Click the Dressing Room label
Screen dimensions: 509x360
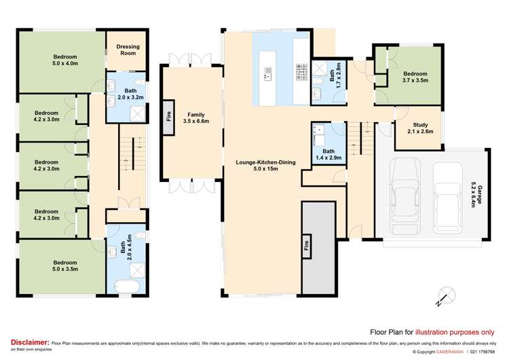click(x=128, y=50)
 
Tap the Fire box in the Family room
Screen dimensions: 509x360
click(x=168, y=117)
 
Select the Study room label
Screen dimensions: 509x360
click(x=420, y=128)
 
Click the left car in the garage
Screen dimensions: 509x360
click(x=404, y=196)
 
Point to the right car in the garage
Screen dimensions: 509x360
click(x=447, y=198)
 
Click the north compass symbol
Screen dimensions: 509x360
click(x=446, y=296)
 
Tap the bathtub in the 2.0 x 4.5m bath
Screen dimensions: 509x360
click(x=128, y=287)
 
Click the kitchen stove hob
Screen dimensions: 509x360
click(x=301, y=72)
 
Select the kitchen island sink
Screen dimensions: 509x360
click(x=268, y=73)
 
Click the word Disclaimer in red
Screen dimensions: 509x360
click(x=30, y=342)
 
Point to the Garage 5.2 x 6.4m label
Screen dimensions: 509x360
click(x=476, y=196)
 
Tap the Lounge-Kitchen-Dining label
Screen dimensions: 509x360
click(x=265, y=165)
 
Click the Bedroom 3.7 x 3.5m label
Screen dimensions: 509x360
click(x=415, y=77)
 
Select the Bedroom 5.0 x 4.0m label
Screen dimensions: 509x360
click(x=65, y=60)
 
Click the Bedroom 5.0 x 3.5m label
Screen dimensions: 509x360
click(x=65, y=266)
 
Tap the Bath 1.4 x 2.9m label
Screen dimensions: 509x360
click(x=328, y=154)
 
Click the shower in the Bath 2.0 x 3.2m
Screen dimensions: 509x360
click(x=137, y=113)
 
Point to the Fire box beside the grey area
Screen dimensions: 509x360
click(x=306, y=245)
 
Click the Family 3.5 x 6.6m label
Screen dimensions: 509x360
click(x=195, y=118)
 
